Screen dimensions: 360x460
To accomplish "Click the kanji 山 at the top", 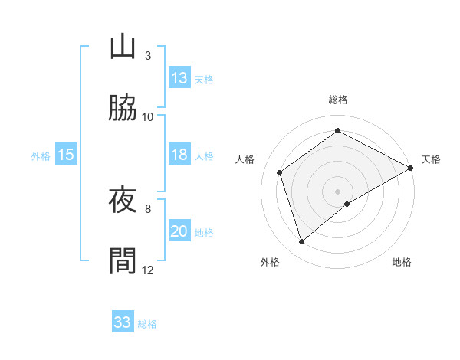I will point(123,47).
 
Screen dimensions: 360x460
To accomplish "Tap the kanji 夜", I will point(123,200).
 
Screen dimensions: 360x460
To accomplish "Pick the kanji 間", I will point(123,260).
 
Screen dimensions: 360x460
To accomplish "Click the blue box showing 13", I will point(179,78).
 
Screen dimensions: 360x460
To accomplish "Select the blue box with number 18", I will point(179,155).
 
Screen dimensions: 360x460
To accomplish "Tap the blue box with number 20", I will point(179,231).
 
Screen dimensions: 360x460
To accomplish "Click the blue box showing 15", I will point(66,155).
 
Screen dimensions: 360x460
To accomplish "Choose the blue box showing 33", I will point(123,322).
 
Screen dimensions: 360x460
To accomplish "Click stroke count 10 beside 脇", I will point(148,116).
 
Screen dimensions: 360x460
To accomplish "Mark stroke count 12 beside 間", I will point(148,270).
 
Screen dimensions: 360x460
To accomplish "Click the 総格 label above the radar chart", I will point(338,100).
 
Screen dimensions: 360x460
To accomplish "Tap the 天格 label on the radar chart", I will point(432,159).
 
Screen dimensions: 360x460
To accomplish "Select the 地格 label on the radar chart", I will point(402,262).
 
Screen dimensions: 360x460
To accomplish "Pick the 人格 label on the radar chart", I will point(245,159).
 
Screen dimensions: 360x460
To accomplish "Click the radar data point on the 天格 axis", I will point(411,168).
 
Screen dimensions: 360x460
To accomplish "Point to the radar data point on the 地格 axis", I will point(347,204).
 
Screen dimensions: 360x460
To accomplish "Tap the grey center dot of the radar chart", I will point(338,191).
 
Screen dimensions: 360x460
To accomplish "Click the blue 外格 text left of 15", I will point(41,155).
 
